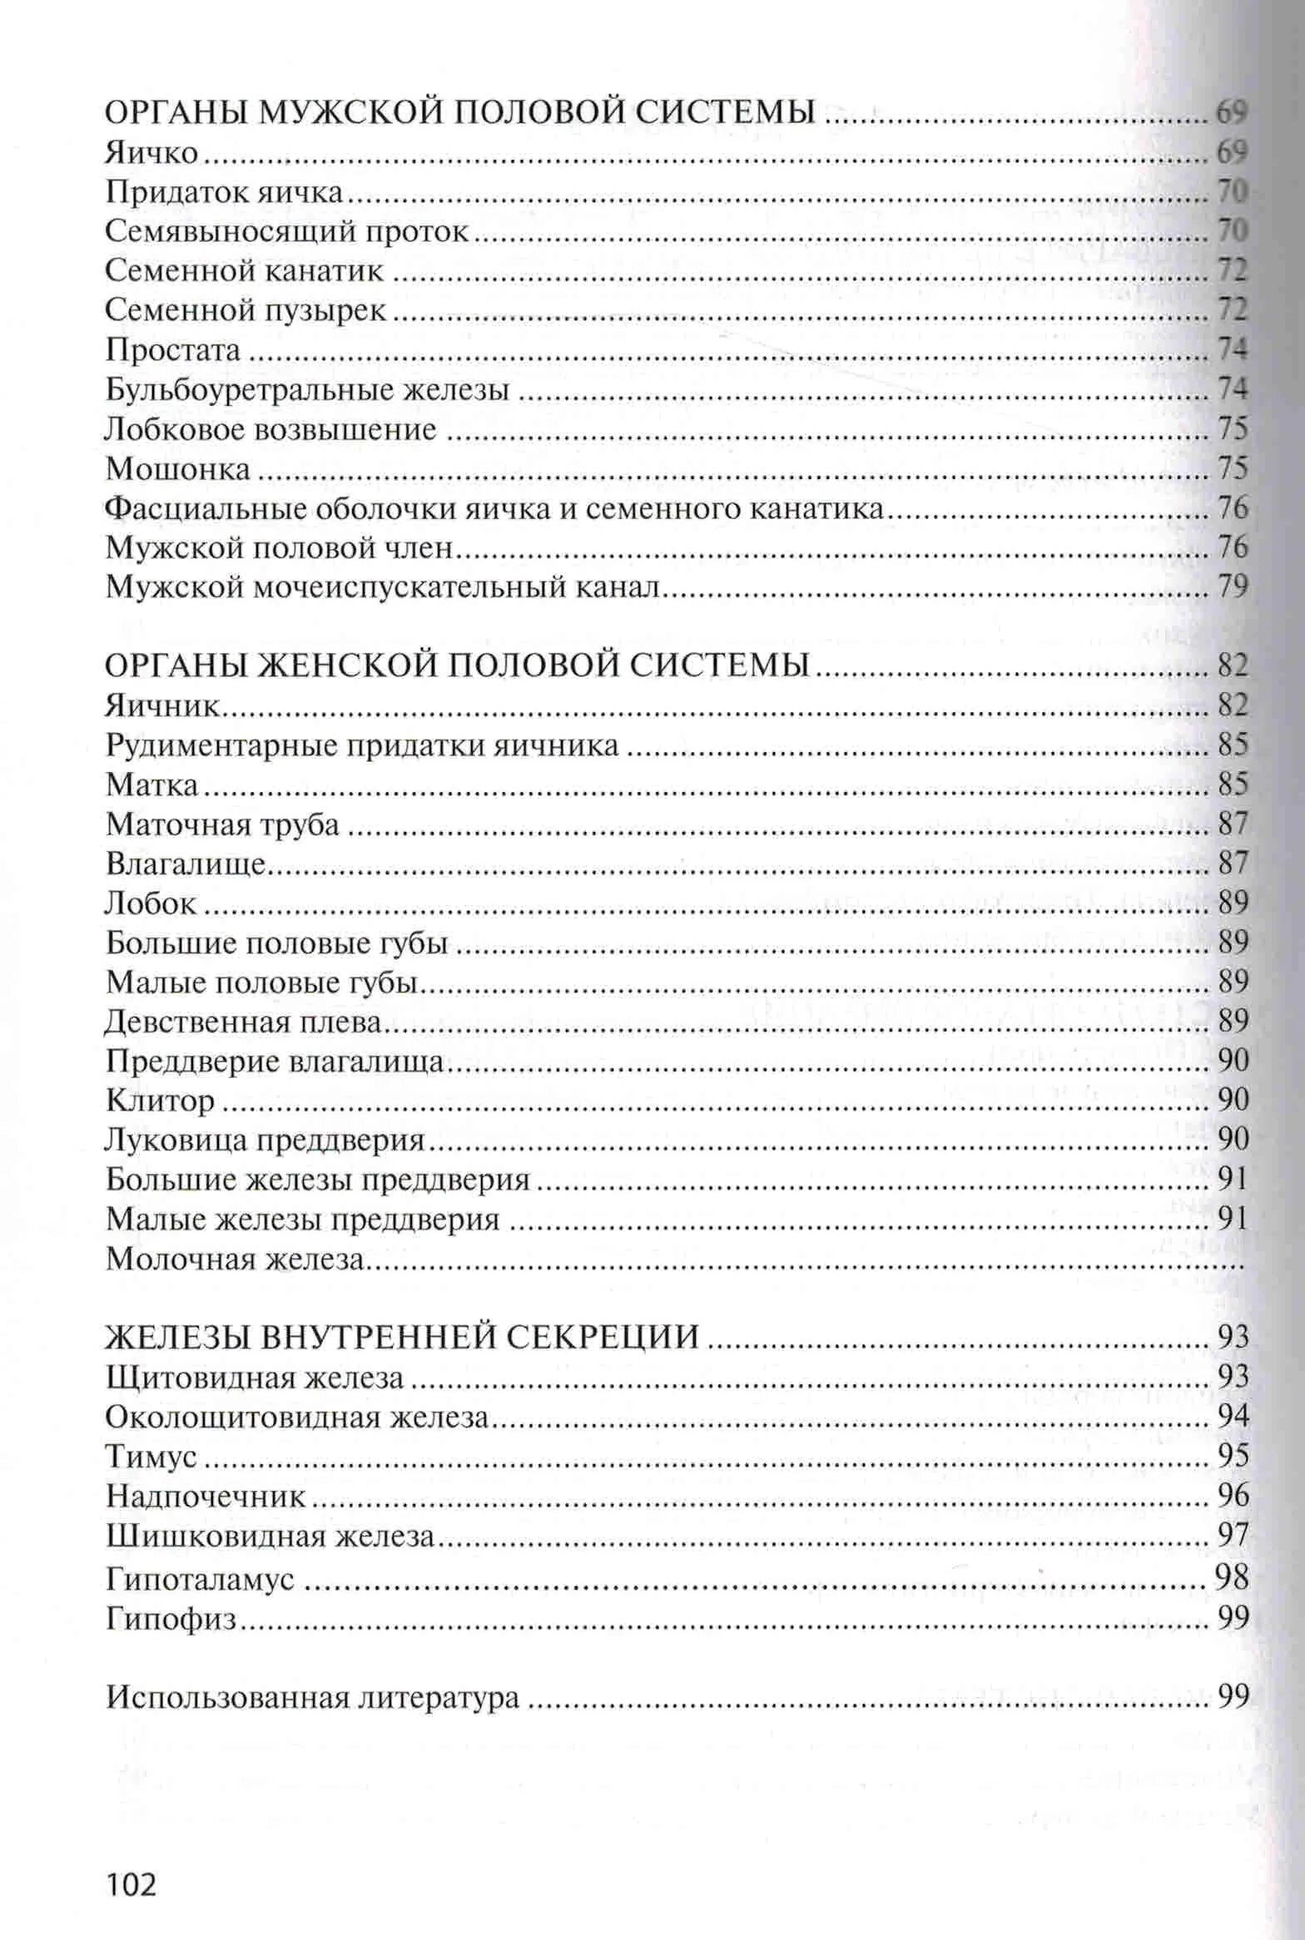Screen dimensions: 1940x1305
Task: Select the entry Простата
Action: [173, 350]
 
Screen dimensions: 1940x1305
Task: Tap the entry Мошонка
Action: [178, 469]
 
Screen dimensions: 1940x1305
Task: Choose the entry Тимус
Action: [151, 1456]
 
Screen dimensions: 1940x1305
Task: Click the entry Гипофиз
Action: [172, 1619]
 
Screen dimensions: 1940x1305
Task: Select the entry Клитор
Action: [161, 1101]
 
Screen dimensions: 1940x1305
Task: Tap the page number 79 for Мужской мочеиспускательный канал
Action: [1233, 587]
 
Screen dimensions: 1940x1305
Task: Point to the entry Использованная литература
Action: [313, 1697]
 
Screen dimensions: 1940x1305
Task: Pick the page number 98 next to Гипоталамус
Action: [1233, 1576]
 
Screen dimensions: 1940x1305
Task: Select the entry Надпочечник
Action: [206, 1497]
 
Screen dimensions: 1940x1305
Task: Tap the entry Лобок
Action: [152, 903]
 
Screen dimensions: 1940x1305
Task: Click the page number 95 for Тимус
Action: [1233, 1456]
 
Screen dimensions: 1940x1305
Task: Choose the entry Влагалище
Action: [186, 864]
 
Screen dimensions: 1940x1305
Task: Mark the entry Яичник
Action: [161, 706]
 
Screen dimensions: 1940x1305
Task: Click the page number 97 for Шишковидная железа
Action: [1233, 1536]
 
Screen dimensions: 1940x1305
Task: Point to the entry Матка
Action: [152, 784]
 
